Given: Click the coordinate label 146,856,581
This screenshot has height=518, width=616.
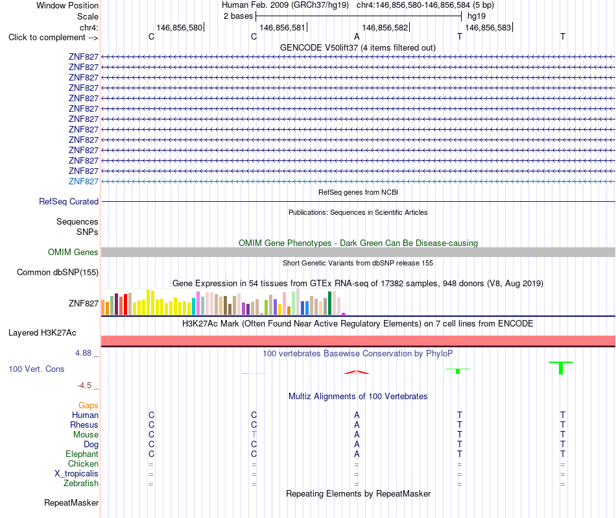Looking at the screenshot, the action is click(282, 27).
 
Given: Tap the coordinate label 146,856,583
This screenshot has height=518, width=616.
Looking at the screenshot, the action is click(488, 27).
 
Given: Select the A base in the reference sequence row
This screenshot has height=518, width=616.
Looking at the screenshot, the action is click(357, 36).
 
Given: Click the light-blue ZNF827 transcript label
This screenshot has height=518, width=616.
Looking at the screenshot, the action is click(83, 181).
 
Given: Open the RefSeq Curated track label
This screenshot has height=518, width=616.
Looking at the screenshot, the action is click(68, 201).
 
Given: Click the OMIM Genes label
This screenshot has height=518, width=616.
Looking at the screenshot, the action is click(73, 252).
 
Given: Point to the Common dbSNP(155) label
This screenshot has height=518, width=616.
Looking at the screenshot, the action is click(57, 272).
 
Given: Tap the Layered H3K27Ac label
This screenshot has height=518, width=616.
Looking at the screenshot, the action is click(42, 333).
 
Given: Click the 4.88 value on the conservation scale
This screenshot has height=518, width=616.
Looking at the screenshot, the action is click(83, 353).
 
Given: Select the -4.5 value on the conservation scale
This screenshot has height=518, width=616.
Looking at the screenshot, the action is click(84, 386).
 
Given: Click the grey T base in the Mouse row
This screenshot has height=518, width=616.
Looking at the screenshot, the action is click(254, 434).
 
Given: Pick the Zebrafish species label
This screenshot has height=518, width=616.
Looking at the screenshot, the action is click(81, 483).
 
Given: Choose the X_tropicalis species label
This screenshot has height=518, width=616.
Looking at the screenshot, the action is click(77, 474).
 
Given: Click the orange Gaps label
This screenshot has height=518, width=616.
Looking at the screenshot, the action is click(88, 405).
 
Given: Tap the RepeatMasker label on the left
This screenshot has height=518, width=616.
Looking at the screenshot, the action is click(71, 502).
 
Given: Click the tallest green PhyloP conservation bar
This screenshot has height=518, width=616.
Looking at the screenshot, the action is click(561, 368).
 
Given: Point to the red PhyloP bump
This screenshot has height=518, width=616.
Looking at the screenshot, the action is click(357, 372).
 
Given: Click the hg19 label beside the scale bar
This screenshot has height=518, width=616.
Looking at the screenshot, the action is click(477, 16).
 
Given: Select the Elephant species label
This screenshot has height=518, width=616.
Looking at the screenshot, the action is click(82, 454).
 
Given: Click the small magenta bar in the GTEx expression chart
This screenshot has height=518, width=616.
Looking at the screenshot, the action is click(344, 314).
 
